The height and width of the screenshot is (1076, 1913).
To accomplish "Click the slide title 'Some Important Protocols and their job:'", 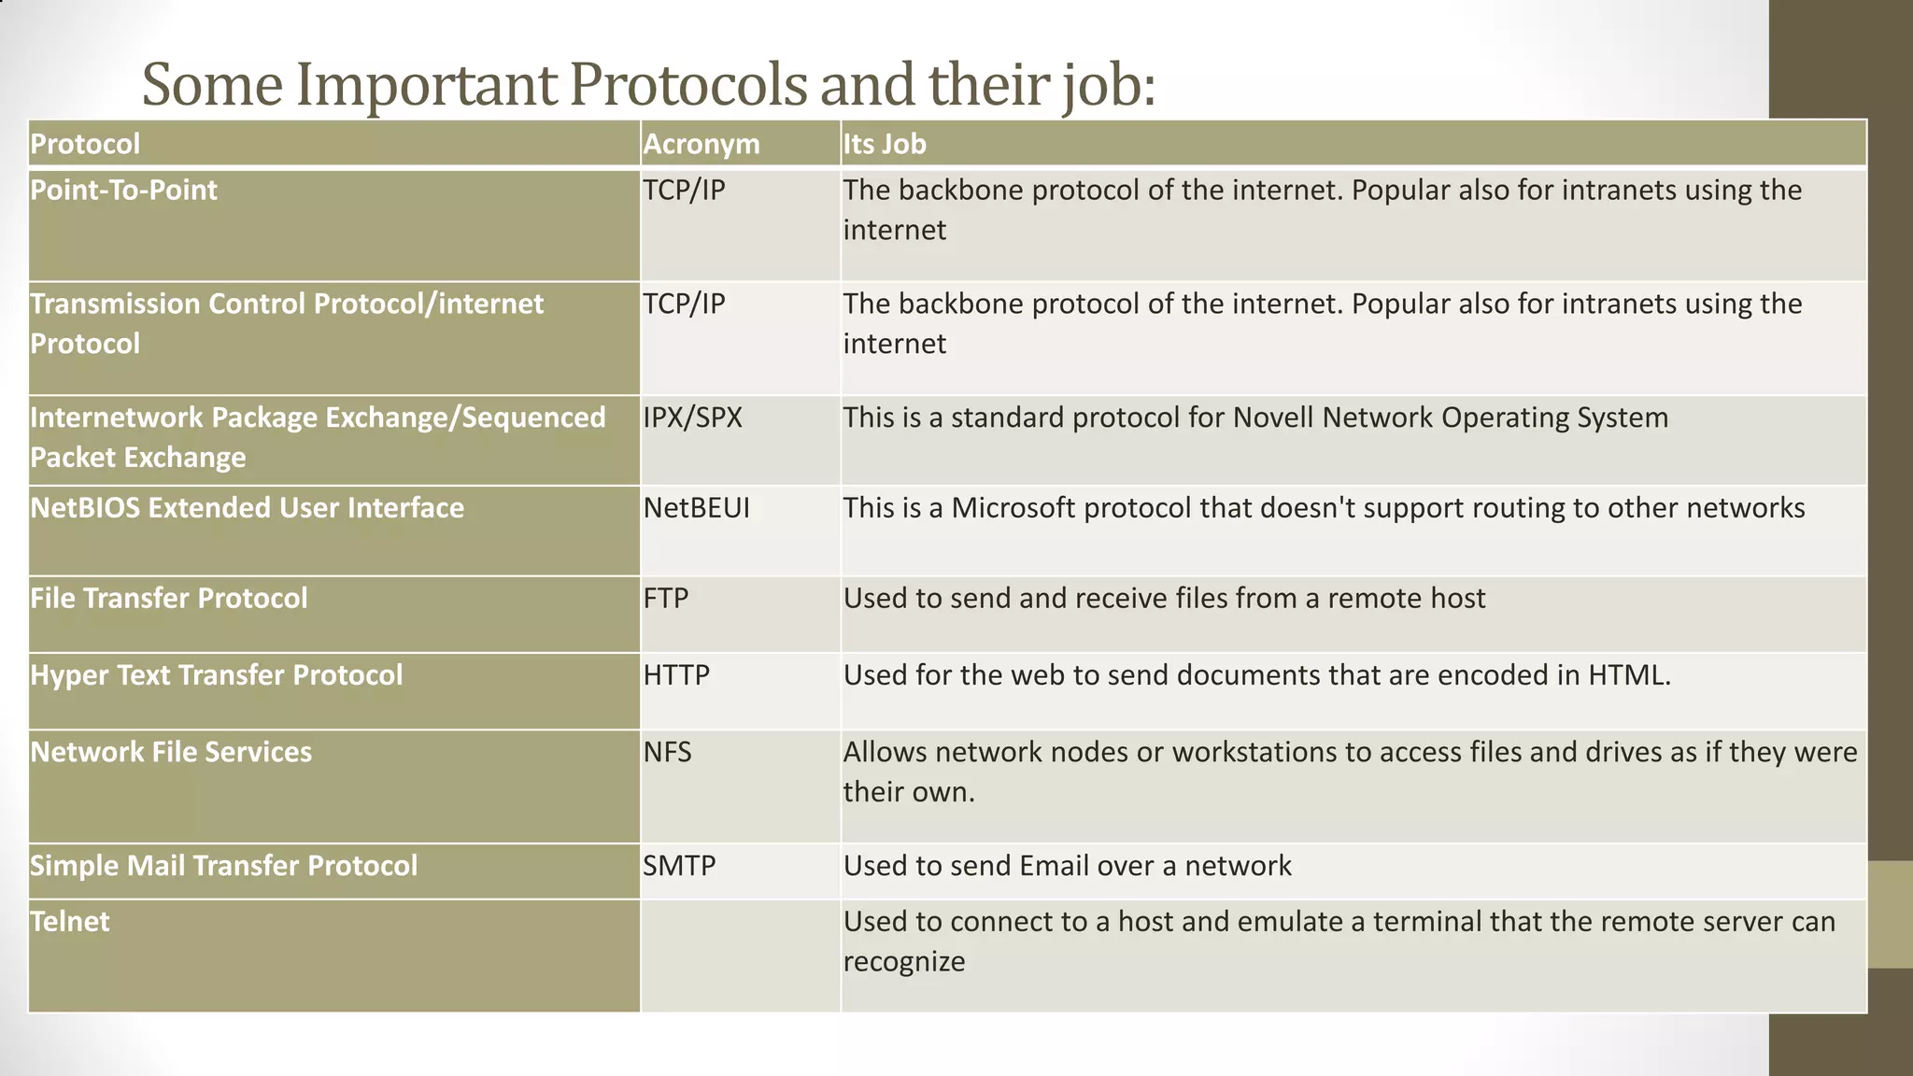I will pos(648,84).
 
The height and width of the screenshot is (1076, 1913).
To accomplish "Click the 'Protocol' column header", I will pos(85,144).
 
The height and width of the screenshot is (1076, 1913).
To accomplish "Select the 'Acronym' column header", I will pos(701,144).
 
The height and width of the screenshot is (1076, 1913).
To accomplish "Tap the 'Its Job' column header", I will pos(885,144).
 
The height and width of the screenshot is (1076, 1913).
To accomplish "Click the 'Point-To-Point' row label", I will pos(123,190).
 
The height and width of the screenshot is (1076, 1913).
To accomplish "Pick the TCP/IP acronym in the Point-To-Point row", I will pos(684,190).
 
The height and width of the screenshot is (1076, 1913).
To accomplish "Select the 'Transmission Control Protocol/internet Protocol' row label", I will pos(286,323).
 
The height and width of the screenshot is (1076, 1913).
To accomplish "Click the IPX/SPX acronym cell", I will pos(692,417).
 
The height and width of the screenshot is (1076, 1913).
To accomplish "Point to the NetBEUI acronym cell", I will pos(696,507).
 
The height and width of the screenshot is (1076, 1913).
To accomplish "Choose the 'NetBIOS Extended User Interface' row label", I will pos(247,507).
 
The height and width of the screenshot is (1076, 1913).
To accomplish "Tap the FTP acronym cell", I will pos(665,598).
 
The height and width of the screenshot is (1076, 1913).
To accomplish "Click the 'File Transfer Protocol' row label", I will pos(168,598).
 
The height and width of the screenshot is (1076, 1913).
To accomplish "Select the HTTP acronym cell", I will pos(676,674).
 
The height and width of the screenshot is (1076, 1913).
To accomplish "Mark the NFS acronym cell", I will pos(667,752).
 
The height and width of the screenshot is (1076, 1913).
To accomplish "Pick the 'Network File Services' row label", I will pos(171,752).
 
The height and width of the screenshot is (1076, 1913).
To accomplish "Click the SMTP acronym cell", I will pos(679,865).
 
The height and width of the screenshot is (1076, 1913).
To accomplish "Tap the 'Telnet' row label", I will pos(70,921).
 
